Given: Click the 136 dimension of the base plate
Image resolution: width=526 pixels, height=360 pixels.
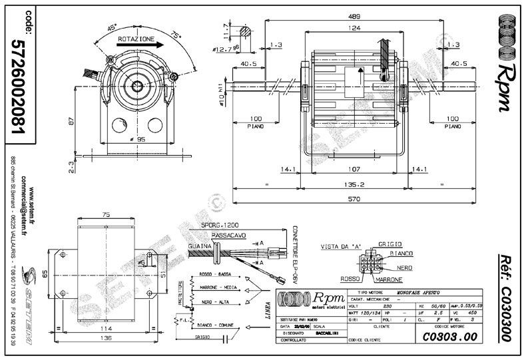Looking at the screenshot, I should (105, 337).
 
